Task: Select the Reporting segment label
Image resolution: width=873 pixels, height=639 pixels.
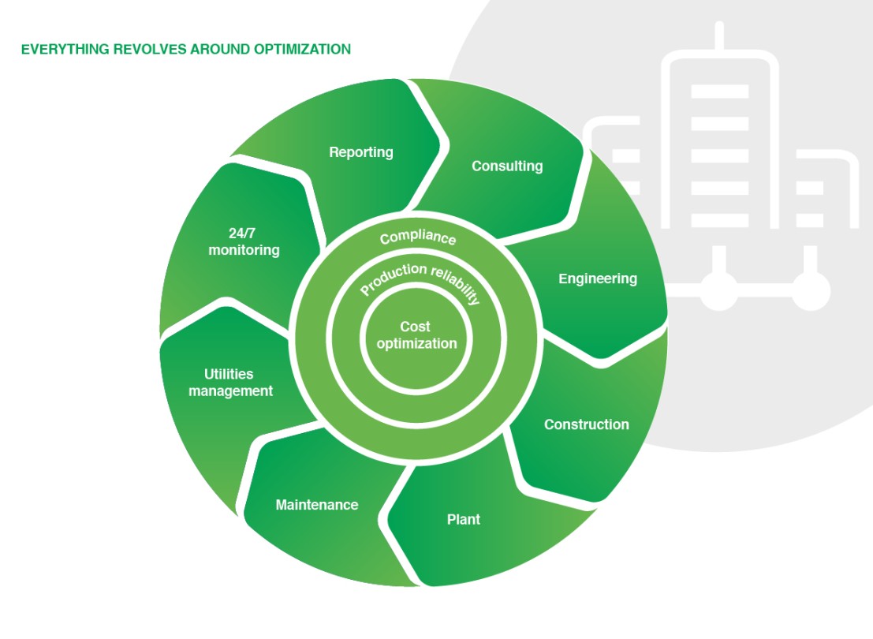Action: coord(360,152)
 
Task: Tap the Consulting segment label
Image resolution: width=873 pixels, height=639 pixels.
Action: coord(507,166)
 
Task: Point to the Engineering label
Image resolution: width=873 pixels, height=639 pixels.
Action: coord(597,278)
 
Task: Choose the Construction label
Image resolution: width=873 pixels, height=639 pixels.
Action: coord(586,424)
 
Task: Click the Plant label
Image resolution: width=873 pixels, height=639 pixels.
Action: coord(463,519)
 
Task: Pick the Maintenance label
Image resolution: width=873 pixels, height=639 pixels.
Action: coord(316,505)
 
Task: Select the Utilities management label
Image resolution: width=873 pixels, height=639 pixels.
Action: coord(230,383)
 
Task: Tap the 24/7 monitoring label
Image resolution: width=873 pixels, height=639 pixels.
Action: coord(244,241)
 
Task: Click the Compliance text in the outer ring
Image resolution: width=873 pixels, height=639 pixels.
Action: coord(417,237)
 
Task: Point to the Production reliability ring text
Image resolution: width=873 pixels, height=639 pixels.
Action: coord(420,282)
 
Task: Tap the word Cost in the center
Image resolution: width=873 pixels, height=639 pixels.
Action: coord(416,327)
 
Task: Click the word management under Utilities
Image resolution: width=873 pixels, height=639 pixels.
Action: coord(230,391)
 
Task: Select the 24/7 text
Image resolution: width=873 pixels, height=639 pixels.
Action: coord(244,233)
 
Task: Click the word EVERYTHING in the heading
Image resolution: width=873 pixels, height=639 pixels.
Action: coord(55,49)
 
